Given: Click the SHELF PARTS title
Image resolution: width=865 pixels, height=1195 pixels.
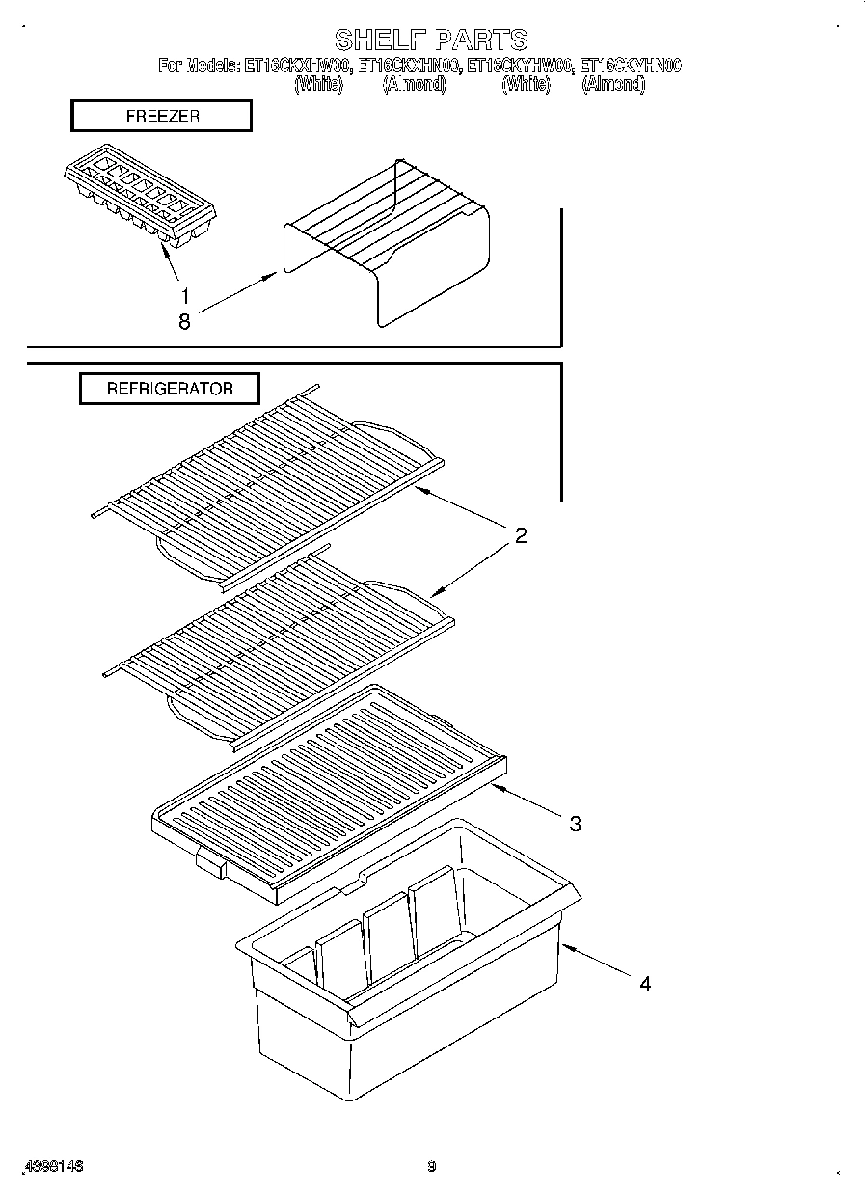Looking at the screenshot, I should point(431,40).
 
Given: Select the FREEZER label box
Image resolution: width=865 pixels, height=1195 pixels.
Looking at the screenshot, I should point(161,116).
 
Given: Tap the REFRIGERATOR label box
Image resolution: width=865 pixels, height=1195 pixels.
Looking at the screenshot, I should point(169,389).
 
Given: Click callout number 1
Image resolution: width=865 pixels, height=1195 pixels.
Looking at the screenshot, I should point(183,296).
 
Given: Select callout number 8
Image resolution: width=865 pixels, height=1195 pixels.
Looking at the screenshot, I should point(183,323).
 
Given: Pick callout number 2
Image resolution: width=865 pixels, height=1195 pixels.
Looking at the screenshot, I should point(520,537).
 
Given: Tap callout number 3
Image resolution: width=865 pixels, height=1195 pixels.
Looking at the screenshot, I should point(575,824).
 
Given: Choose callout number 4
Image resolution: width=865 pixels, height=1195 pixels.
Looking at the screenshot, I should point(644,984).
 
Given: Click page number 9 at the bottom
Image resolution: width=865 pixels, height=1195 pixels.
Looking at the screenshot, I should point(432,1166).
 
